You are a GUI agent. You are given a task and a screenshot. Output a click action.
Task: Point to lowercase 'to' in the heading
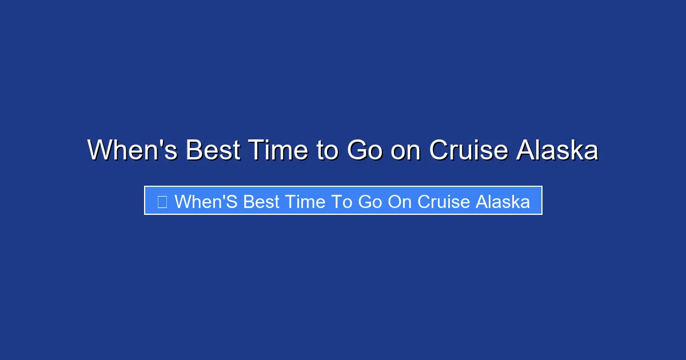327,150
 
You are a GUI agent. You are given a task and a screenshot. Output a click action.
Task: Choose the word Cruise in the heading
469,150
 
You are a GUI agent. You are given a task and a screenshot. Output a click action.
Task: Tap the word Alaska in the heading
557,150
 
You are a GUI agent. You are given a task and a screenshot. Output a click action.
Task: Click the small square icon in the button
162,201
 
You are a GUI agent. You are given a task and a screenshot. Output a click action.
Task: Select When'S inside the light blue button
206,202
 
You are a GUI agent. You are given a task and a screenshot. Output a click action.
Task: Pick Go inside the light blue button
370,202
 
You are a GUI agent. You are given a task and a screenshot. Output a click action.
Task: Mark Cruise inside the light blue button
444,202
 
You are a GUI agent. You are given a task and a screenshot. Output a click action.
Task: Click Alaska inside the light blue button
503,202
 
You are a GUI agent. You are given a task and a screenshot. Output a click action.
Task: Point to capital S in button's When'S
233,202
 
